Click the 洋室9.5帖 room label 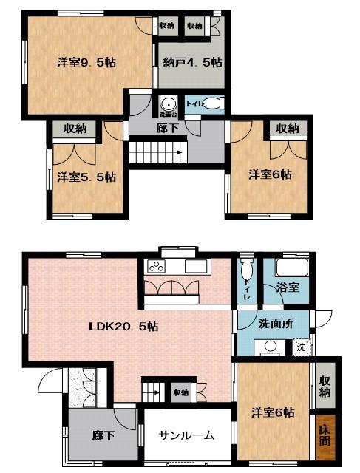tap(86, 63)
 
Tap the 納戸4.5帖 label tap(190, 64)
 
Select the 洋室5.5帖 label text tap(86, 177)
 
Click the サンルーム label tap(187, 435)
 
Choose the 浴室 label tap(288, 287)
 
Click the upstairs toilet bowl tap(210, 104)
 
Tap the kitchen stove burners tap(157, 266)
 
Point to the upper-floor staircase tap(157, 154)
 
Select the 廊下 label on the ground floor tap(103, 435)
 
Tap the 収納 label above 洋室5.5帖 tap(75, 129)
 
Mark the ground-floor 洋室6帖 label tap(272, 412)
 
